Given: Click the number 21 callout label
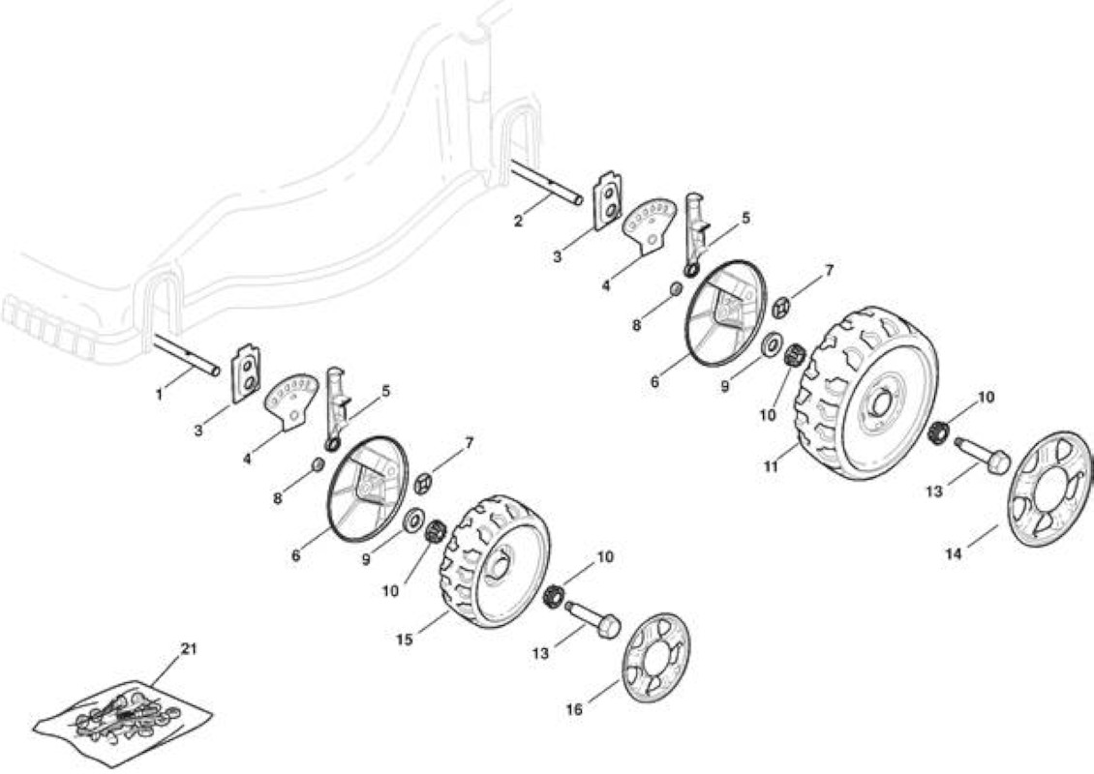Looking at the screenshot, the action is [189, 648].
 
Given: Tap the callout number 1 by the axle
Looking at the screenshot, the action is [159, 395].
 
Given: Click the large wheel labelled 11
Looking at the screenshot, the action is [867, 393].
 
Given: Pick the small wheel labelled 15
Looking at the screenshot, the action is [495, 562].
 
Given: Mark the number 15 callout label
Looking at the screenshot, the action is [405, 639].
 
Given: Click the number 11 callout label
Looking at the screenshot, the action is [771, 467].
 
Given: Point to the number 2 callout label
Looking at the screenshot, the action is [518, 222].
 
